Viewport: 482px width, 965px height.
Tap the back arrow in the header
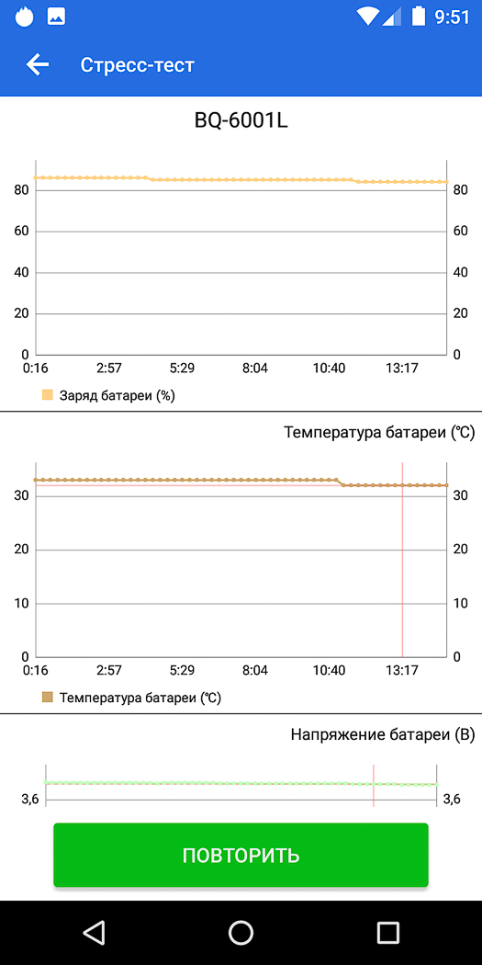coord(38,64)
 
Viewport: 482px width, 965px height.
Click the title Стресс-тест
coord(137,64)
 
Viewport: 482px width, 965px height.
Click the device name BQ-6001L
coord(241,120)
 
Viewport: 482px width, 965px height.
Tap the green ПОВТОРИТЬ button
coord(241,855)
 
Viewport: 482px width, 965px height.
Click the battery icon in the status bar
coord(419,16)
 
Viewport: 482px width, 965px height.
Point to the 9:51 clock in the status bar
coord(452,17)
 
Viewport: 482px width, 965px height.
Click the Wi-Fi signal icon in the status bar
coord(368,17)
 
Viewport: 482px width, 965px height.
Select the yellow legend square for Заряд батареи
coord(48,395)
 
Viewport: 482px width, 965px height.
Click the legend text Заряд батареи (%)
coord(118,396)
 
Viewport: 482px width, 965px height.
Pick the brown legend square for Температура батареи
coord(48,698)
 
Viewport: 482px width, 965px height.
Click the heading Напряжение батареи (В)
coord(383,734)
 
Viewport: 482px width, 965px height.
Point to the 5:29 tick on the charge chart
coord(182,368)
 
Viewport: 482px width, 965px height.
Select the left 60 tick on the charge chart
coord(22,232)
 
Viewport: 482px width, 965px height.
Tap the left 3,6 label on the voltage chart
coord(30,800)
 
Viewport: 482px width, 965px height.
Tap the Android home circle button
coord(241,933)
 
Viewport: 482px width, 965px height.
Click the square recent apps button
coord(388,933)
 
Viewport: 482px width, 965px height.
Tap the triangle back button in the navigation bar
coord(94,933)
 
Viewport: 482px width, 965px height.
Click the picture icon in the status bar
coord(57,17)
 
